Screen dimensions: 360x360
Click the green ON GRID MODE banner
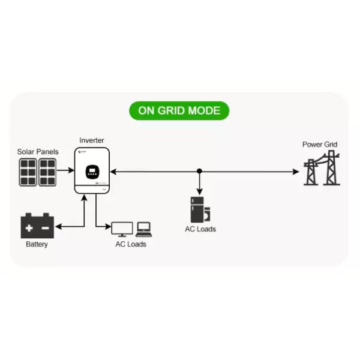(179, 111)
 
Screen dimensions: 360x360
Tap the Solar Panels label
(38, 152)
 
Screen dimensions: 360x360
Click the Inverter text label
(91, 140)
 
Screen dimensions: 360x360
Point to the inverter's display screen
(92, 171)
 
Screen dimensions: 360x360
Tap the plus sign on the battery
(29, 227)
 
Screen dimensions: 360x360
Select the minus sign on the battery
(46, 227)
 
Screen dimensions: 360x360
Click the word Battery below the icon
(37, 245)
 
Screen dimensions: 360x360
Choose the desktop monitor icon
(122, 229)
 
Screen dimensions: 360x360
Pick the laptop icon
(144, 229)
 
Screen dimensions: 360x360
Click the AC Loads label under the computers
(131, 244)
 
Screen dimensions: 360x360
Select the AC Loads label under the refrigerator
(200, 229)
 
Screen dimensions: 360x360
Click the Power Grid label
(320, 145)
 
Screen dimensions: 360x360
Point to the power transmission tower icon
(319, 170)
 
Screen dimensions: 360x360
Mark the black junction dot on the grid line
(199, 172)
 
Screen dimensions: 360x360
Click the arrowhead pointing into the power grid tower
(296, 172)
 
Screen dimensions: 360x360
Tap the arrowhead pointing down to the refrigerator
(199, 190)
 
